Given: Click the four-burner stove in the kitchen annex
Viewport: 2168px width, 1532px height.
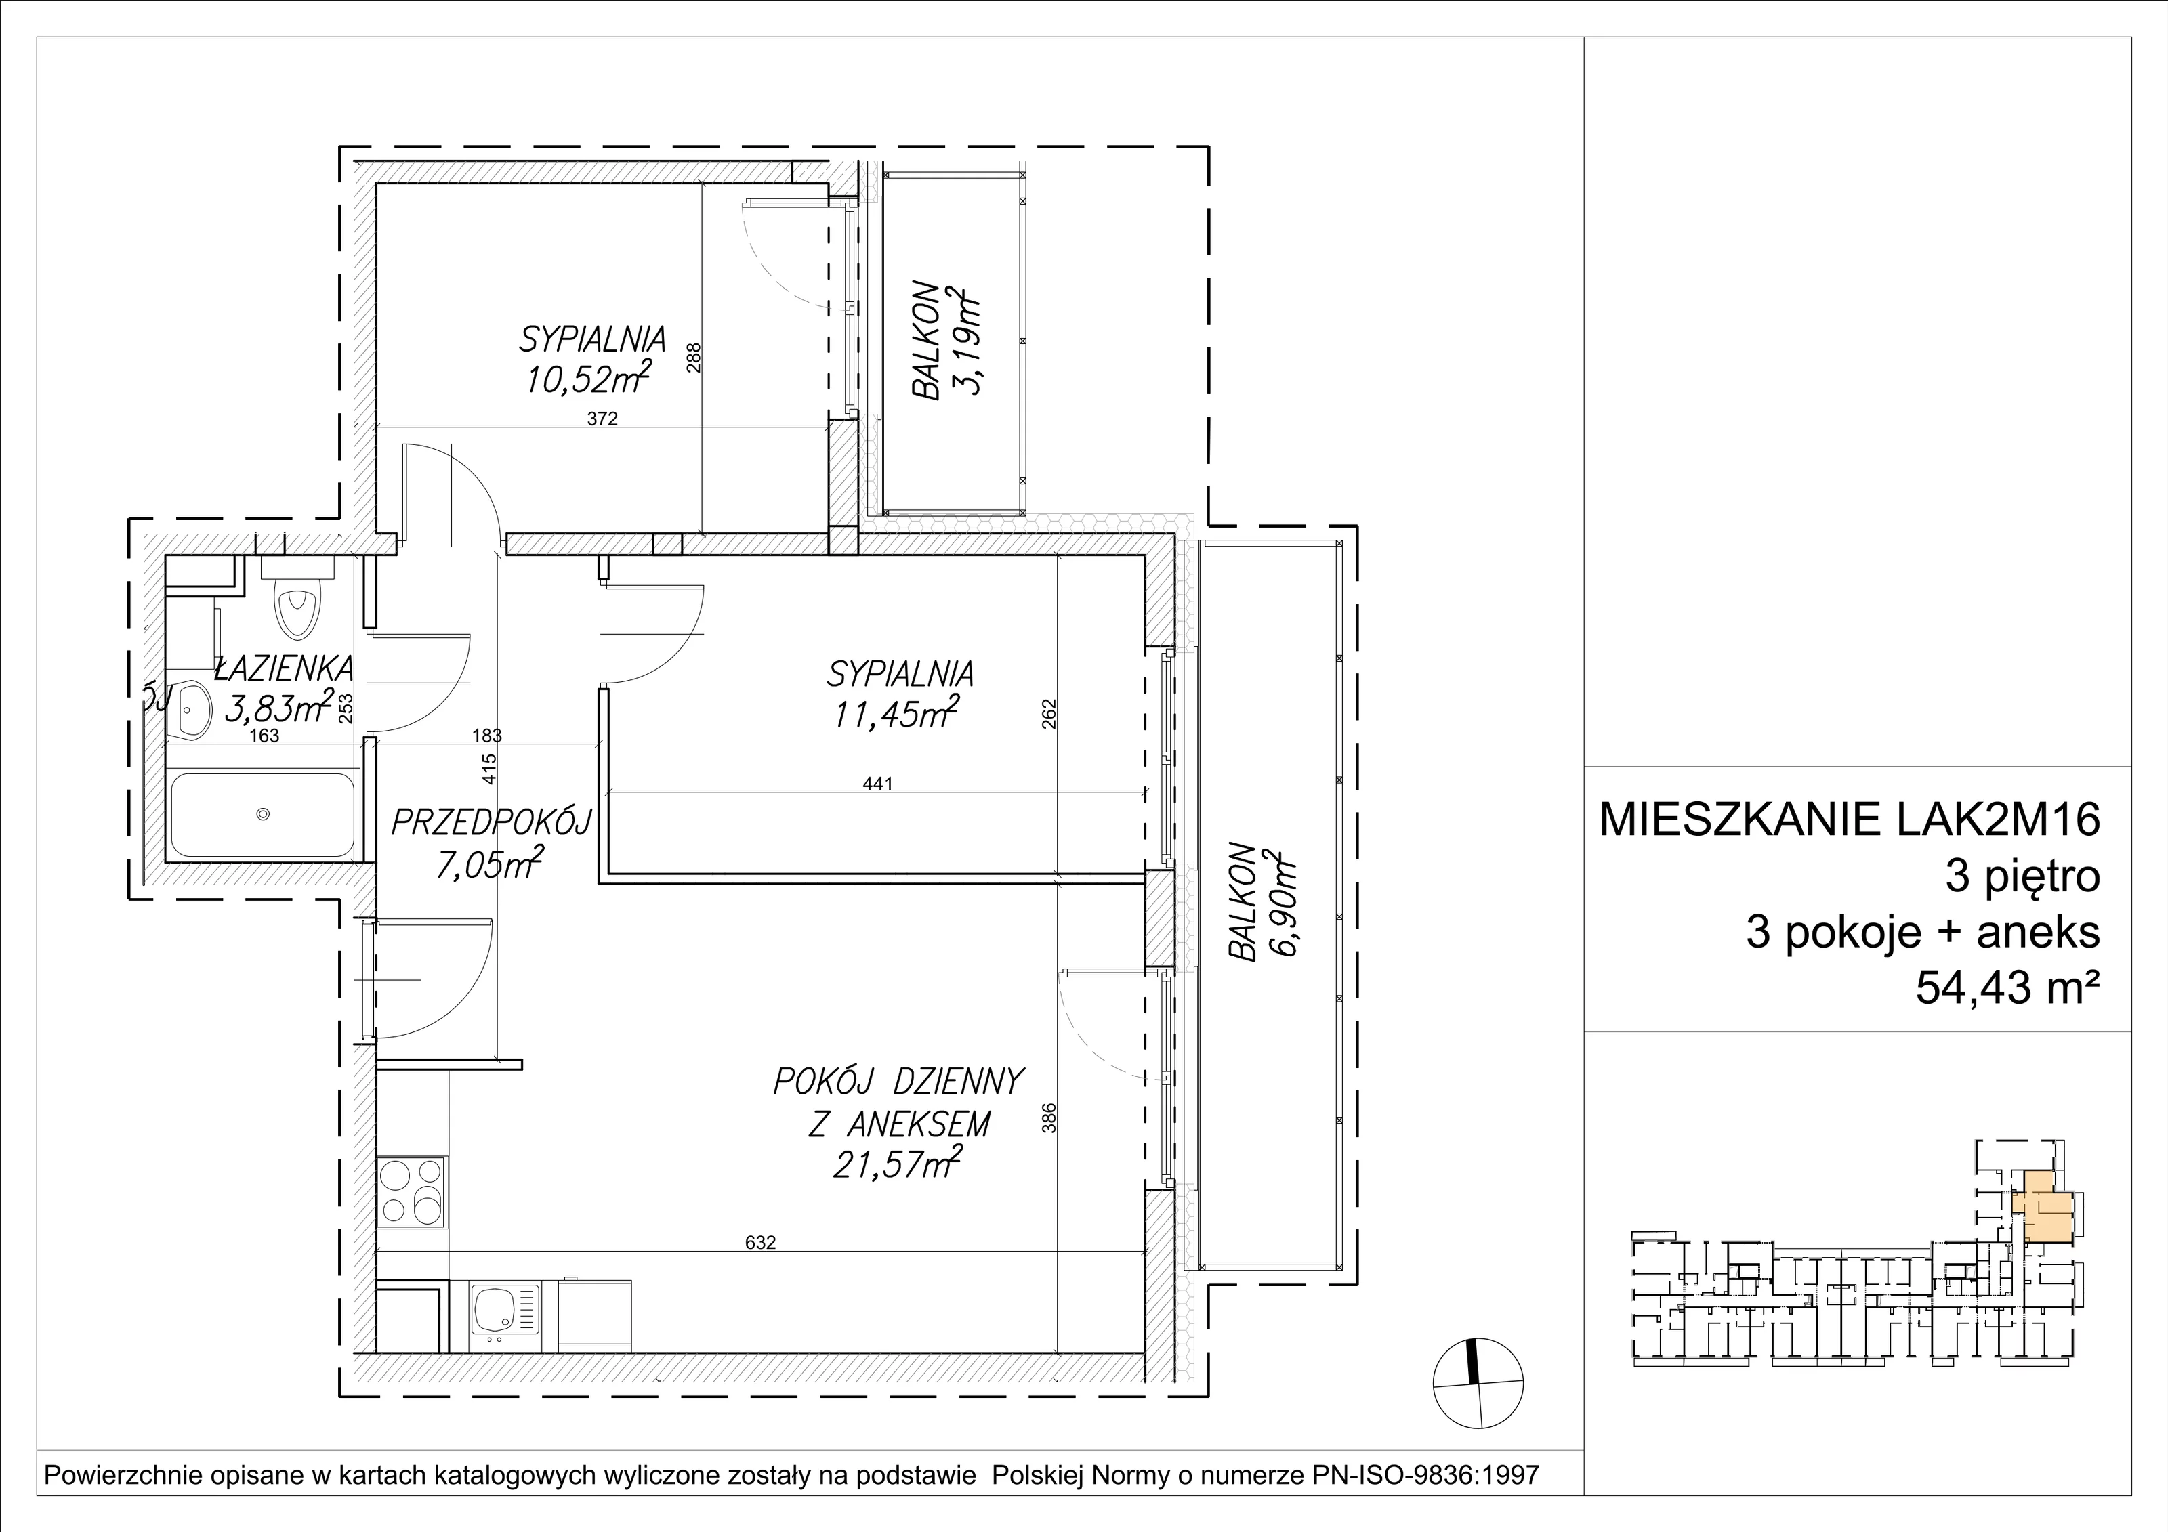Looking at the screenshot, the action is pyautogui.click(x=412, y=1191).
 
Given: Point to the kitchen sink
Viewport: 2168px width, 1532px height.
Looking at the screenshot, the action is pyautogui.click(x=506, y=1314).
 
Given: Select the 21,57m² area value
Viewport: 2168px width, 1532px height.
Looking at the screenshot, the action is pyautogui.click(x=897, y=1165).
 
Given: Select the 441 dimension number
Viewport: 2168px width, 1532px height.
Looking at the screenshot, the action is pyautogui.click(x=877, y=782).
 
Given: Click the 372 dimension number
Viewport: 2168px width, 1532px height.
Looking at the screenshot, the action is pyautogui.click(x=602, y=419).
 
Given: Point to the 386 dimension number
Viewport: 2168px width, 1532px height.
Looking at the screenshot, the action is pyautogui.click(x=1049, y=1118).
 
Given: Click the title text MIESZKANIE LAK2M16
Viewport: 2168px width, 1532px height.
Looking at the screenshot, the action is pyautogui.click(x=1850, y=820).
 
